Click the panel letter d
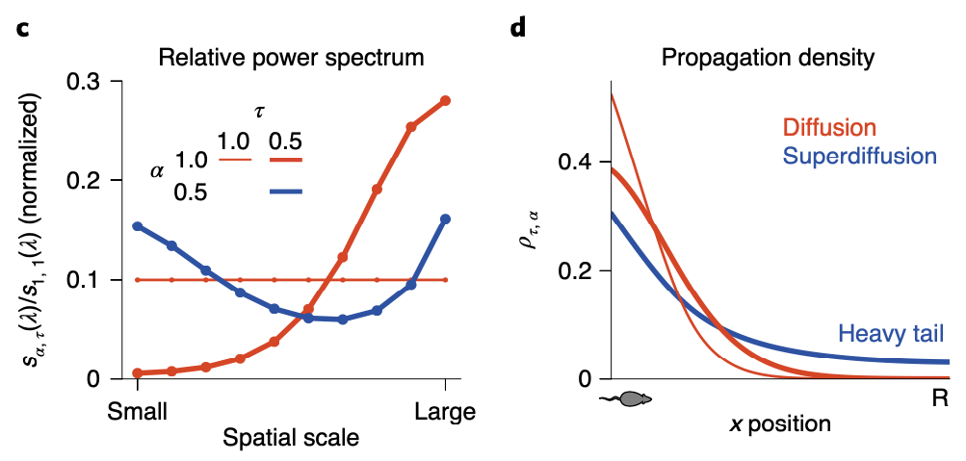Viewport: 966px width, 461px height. pos(518,26)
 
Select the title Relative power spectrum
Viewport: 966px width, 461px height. pos(291,57)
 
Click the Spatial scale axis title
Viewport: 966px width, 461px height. pos(291,439)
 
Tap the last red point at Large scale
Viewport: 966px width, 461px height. pos(445,100)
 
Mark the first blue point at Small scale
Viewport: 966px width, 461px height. pos(138,226)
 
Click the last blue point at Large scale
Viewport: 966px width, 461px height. pos(445,219)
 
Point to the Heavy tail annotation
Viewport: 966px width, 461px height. pos(890,334)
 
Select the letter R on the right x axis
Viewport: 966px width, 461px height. pos(940,397)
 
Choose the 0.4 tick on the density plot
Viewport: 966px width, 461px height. pos(577,162)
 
